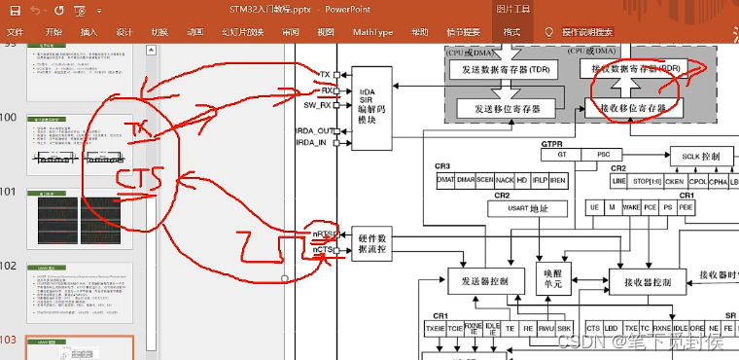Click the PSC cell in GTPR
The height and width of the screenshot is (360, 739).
pos(603,155)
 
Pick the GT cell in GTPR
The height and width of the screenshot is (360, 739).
pos(561,155)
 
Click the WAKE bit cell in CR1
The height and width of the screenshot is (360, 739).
pos(631,207)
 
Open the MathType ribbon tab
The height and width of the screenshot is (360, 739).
pos(372,32)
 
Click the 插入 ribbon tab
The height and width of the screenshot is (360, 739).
pos(89,32)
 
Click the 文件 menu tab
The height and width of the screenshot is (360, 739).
pos(15,32)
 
